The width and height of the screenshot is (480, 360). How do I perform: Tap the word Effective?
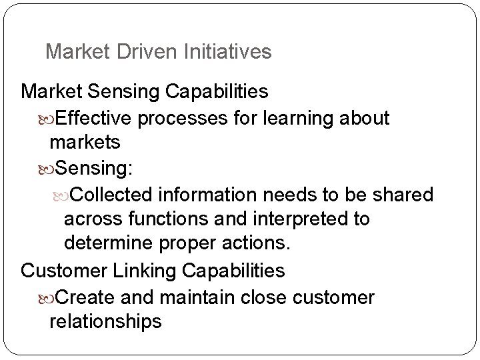point(96,119)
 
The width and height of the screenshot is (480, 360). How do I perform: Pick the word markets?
point(85,143)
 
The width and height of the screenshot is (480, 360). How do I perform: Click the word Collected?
point(113,195)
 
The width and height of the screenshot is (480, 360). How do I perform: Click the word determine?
point(111,245)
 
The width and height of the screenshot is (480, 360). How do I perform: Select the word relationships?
point(105,321)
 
